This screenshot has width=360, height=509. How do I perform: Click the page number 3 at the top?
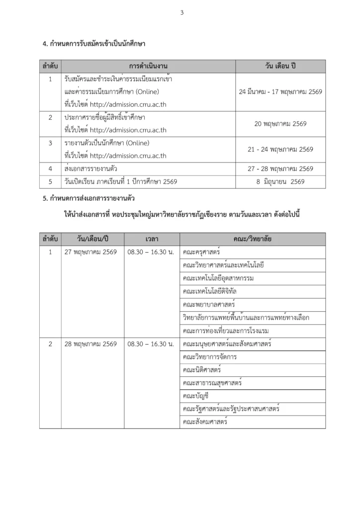click(x=181, y=13)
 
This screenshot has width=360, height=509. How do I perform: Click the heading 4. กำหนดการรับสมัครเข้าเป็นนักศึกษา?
click(x=94, y=44)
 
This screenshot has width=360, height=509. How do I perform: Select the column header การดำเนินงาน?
click(x=148, y=66)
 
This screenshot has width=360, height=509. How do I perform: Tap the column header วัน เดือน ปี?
click(x=280, y=66)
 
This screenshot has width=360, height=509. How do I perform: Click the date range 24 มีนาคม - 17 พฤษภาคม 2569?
click(x=280, y=92)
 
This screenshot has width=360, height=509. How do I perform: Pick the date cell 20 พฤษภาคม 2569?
click(x=280, y=124)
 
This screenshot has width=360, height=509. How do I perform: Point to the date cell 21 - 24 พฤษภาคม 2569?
click(x=280, y=149)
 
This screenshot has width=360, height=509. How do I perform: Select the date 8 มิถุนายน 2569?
click(x=280, y=182)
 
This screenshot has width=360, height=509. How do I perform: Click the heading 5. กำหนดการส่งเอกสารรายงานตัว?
click(x=90, y=199)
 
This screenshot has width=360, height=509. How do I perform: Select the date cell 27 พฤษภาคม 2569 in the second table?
click(x=90, y=252)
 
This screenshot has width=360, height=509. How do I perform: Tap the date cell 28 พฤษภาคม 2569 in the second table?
click(x=90, y=344)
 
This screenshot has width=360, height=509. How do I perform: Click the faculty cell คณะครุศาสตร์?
click(x=201, y=252)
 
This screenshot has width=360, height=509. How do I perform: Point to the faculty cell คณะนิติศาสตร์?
click(x=202, y=370)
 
